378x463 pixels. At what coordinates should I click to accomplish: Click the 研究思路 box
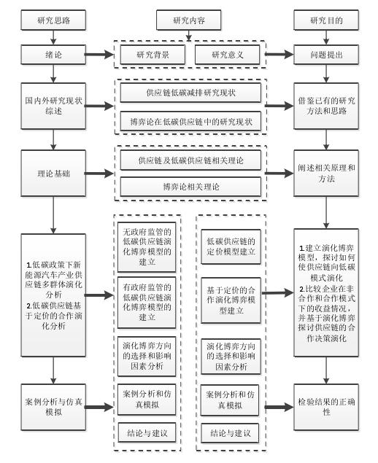coord(52,20)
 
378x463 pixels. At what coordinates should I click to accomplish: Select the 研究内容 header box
coord(188,20)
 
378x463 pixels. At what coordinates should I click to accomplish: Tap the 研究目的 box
coord(325,20)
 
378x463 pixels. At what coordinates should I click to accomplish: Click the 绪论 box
coord(52,55)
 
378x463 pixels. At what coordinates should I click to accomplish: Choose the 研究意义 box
coord(227,55)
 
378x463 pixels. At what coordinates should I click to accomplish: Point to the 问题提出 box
coord(325,55)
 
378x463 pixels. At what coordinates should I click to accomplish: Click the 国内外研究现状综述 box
coord(52,106)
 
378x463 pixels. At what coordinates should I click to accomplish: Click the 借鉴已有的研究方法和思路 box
coord(325,106)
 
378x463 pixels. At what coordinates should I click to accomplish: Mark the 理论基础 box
coord(52,174)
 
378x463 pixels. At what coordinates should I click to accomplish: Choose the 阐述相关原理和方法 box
coord(325,174)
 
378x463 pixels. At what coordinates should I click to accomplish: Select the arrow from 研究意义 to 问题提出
coord(280,55)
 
